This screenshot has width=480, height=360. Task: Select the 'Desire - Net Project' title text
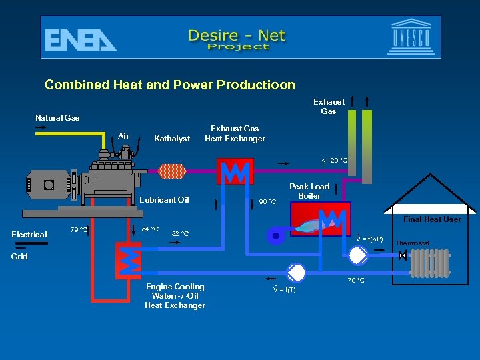[x=237, y=39]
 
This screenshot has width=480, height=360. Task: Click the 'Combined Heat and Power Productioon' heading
[x=169, y=85]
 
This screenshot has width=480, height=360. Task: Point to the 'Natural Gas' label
[x=57, y=118]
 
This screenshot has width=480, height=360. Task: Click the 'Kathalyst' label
[x=172, y=139]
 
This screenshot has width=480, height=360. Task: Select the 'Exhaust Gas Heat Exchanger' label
[x=235, y=133]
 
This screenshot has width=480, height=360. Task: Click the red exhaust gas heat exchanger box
[x=235, y=171]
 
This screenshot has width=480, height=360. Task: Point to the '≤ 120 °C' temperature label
[x=334, y=161]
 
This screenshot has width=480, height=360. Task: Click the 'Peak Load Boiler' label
[x=309, y=191]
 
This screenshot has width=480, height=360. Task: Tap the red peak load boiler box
[x=319, y=218]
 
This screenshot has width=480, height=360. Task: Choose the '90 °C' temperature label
[x=267, y=202]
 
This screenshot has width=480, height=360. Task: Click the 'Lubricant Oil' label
[x=165, y=200]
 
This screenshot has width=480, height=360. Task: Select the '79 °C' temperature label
[x=79, y=231]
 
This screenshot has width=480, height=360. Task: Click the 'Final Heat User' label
[x=433, y=219]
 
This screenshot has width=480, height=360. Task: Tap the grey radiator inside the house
[x=429, y=263]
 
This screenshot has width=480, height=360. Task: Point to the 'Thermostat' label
[x=413, y=243]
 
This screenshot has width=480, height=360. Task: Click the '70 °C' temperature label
[x=355, y=281]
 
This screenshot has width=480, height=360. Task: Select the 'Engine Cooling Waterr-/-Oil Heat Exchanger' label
[x=175, y=296]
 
